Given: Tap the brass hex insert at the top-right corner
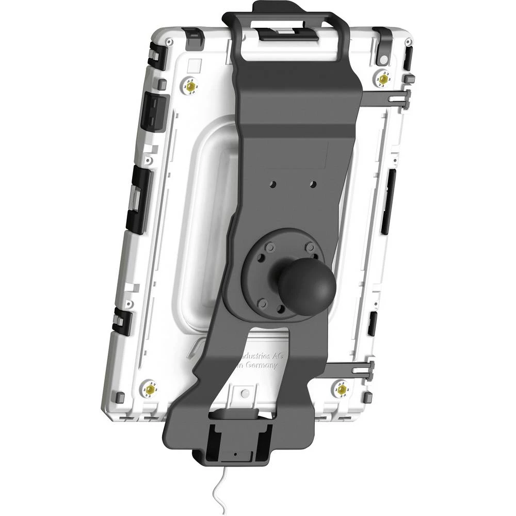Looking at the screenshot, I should pyautogui.click(x=383, y=79).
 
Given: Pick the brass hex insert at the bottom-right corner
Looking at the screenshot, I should pyautogui.click(x=341, y=388).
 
